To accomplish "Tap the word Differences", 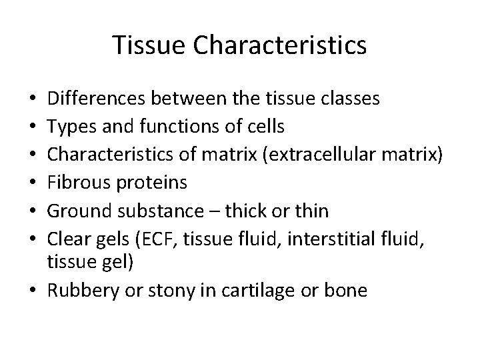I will point(98,99).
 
